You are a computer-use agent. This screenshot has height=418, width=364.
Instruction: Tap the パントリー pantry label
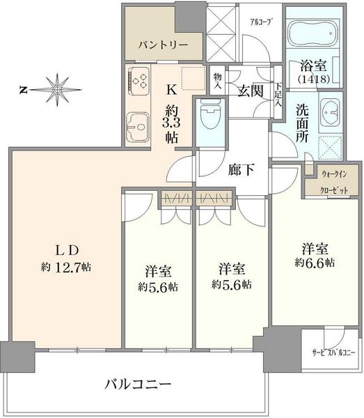point(163,45)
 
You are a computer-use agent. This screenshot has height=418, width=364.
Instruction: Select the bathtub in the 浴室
point(314,33)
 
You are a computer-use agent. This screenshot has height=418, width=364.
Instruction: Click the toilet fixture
point(211,114)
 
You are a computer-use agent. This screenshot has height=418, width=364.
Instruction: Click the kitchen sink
point(137,127)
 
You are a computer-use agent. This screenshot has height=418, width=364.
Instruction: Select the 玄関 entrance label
point(251,91)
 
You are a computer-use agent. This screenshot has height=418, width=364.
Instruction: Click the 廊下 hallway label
point(242,169)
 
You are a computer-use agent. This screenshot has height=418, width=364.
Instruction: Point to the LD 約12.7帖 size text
point(66,267)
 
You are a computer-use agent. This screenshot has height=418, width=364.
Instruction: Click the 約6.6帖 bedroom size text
point(315,263)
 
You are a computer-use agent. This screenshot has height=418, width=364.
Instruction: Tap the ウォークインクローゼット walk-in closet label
point(334,183)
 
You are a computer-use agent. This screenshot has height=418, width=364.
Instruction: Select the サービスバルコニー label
point(333,353)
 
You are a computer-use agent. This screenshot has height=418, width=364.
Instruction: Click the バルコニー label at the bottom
point(138,384)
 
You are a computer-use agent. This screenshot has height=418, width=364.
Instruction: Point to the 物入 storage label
point(218,81)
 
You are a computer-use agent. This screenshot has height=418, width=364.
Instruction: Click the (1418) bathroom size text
point(314,79)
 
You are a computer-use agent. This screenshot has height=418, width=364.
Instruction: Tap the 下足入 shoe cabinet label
point(278,95)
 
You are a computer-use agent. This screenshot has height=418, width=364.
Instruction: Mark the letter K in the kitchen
point(172,90)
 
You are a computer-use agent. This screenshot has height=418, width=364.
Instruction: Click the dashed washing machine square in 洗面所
point(330,148)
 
